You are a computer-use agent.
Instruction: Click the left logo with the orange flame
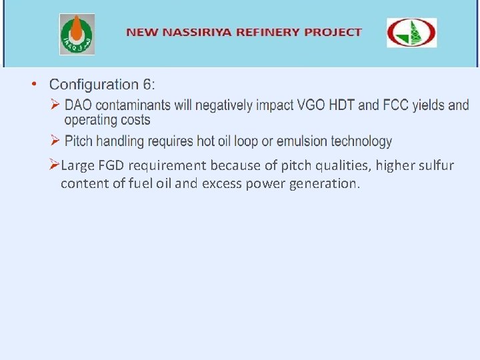77,34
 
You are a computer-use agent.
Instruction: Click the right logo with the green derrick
411,33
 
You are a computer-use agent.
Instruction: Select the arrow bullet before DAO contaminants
56,105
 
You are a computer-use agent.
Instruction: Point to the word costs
136,121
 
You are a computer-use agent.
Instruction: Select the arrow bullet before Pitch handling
56,141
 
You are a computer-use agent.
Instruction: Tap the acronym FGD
111,165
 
